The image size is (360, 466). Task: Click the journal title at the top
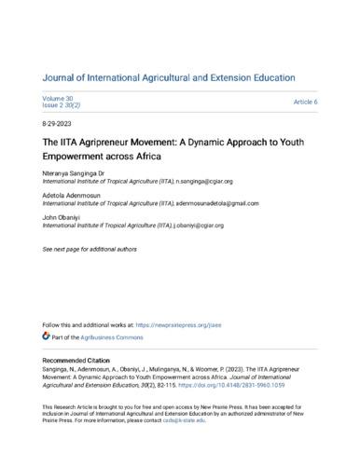tap(179, 61)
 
